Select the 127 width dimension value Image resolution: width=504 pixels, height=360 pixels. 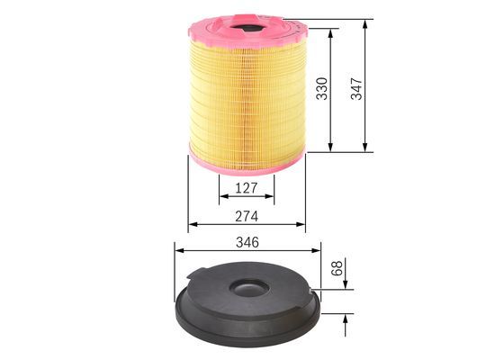[x=247, y=187]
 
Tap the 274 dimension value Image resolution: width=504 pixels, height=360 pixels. [x=247, y=217]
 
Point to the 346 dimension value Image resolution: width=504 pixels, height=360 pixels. [x=247, y=242]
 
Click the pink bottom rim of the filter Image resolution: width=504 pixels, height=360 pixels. [x=247, y=165]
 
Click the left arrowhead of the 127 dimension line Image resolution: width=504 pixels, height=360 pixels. [x=221, y=199]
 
